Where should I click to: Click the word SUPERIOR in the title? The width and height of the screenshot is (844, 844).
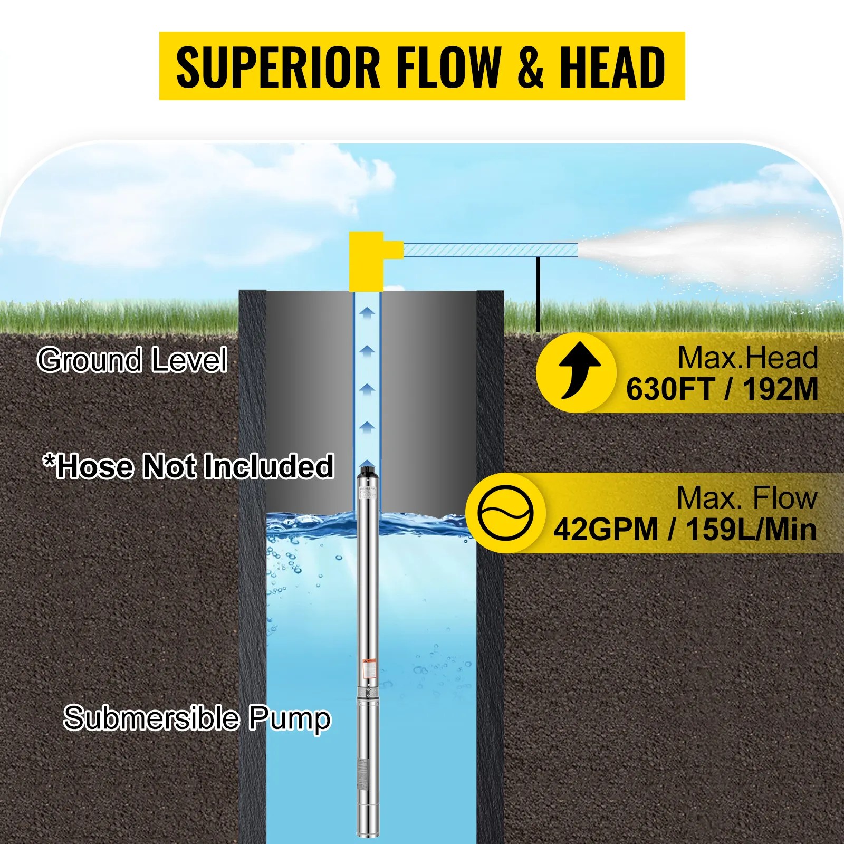278,67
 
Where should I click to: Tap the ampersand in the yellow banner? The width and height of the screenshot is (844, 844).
530,67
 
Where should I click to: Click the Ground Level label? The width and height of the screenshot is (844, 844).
132,360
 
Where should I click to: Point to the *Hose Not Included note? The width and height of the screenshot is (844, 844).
188,467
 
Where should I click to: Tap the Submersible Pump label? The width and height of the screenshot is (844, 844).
197,718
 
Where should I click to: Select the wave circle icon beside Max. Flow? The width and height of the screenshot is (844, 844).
505,513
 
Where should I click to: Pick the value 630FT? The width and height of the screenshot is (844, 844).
669,389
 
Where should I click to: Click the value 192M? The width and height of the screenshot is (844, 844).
780,389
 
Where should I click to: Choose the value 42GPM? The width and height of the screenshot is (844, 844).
606,529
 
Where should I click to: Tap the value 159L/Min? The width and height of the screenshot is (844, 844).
751,529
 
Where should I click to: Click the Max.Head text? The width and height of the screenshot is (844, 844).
747,358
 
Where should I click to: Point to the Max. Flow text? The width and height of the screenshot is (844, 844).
746,498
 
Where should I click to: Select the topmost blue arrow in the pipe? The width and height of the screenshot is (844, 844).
367,312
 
